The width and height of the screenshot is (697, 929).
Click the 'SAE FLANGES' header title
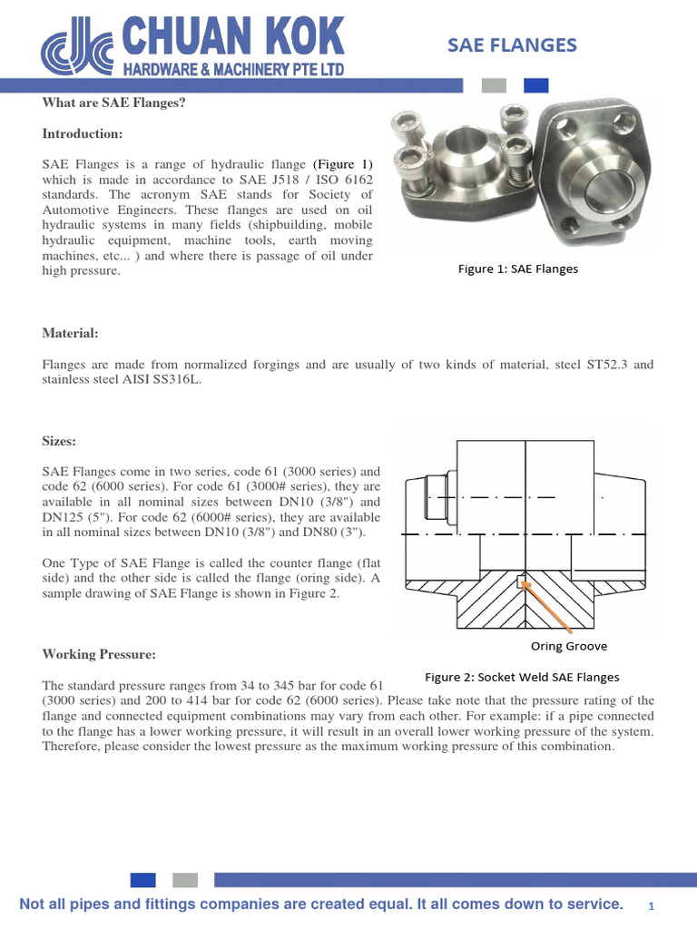coord(513,45)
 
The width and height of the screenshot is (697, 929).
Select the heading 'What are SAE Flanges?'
coord(113,103)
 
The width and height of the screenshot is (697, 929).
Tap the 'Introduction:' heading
coord(82,134)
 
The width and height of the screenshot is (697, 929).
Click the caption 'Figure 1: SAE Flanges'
coord(517,269)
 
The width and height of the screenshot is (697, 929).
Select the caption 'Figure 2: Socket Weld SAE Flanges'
coord(522,677)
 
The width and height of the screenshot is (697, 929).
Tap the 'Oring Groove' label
coord(569,646)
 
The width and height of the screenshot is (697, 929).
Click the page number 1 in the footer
coord(652,906)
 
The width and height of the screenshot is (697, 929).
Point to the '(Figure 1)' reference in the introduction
coord(343,164)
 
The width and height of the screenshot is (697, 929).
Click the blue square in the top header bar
coord(536,85)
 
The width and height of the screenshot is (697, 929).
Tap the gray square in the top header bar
coord(494,85)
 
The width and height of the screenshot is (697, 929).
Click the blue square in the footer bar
coord(142,879)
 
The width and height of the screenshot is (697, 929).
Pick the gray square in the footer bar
coord(184,879)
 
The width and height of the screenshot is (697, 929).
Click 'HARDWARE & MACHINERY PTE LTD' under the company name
coord(234,68)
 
